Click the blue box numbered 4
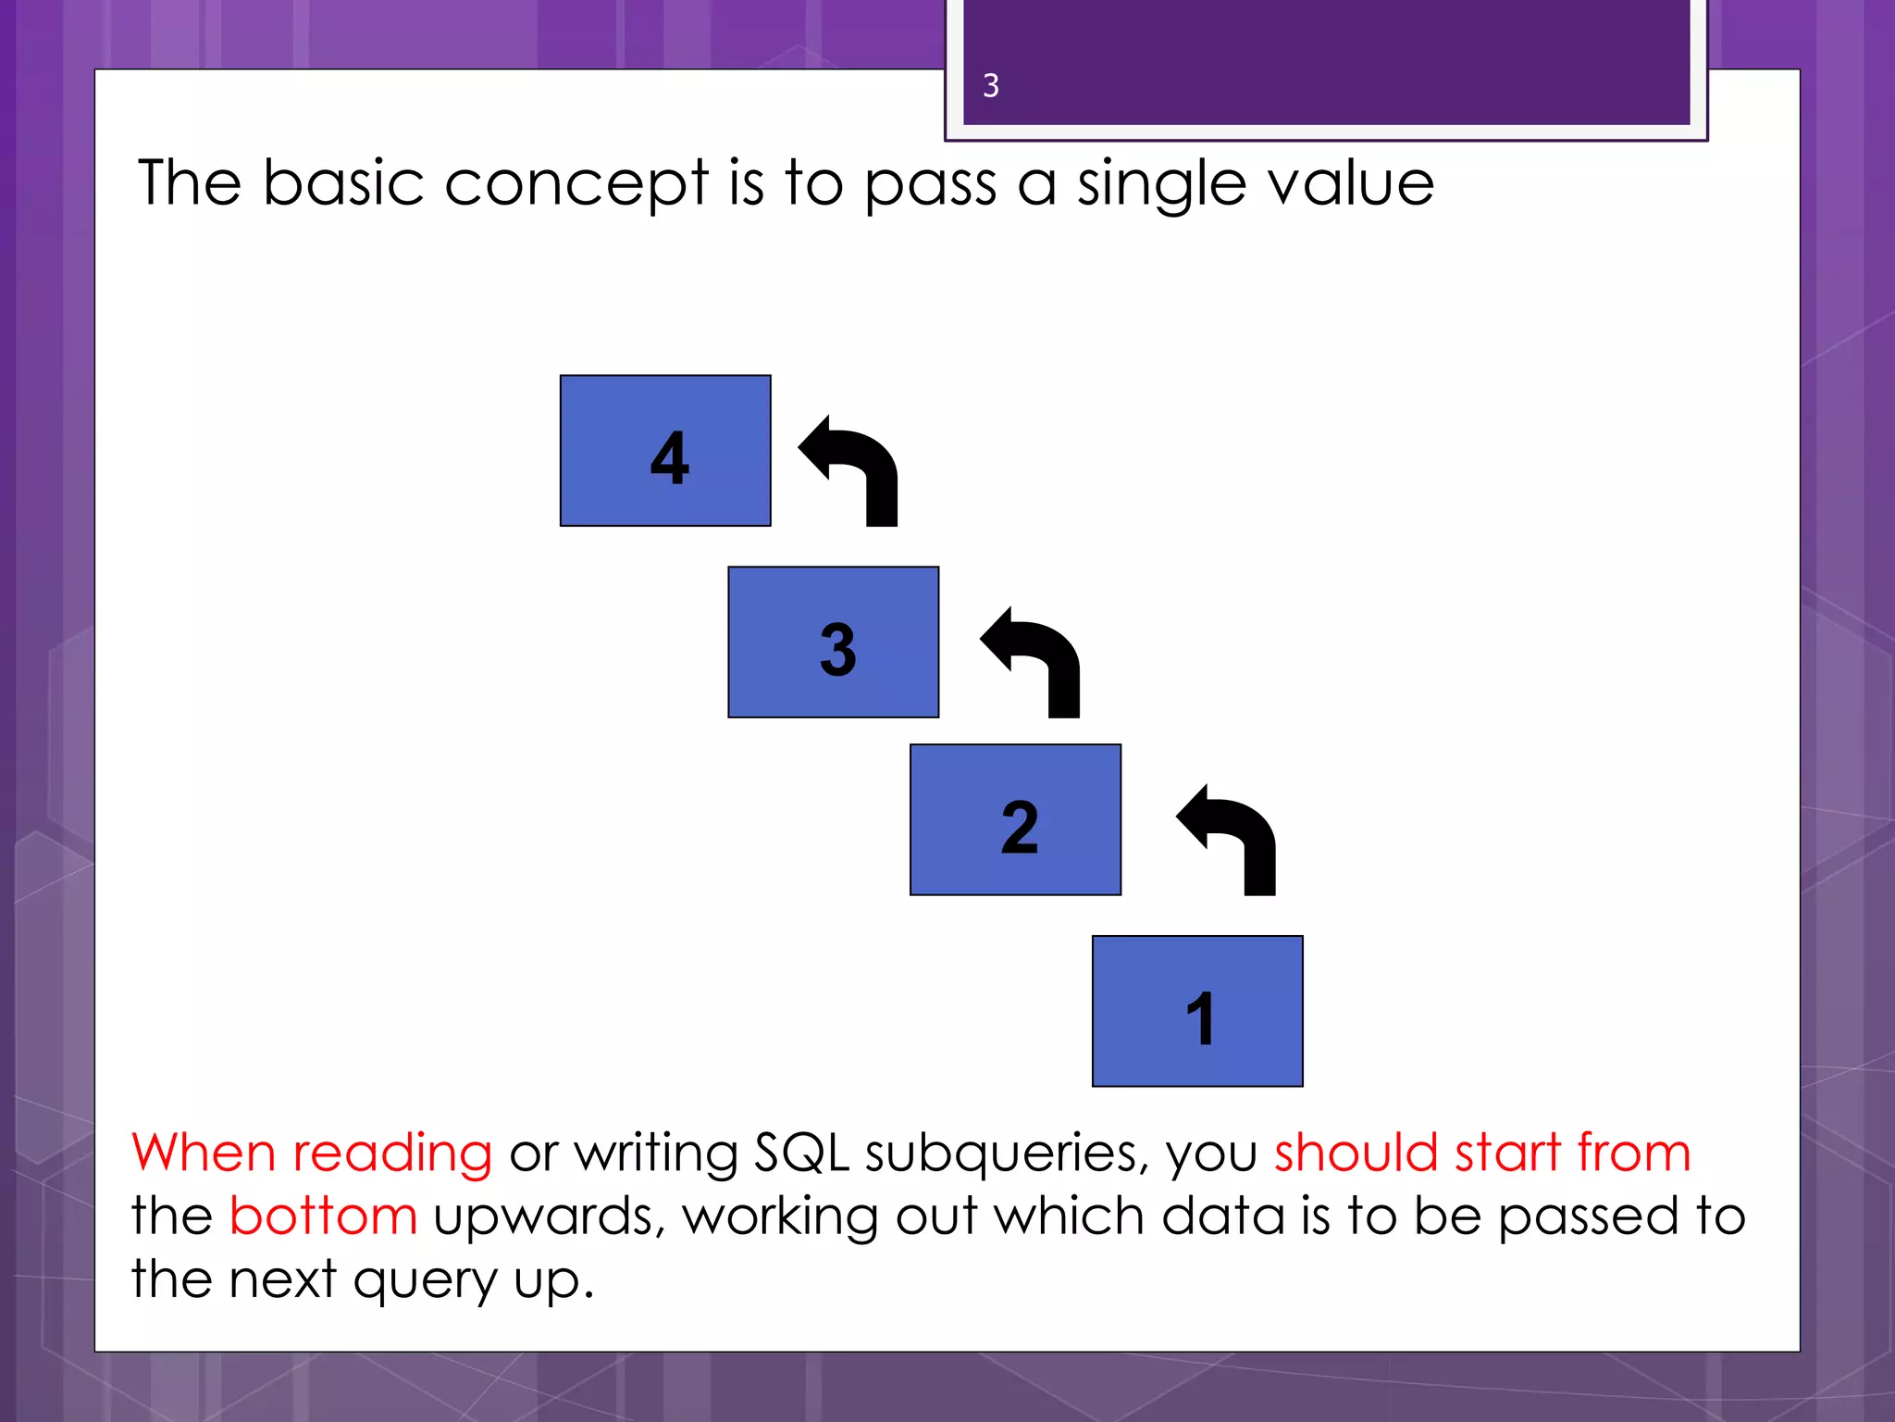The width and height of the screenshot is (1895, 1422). (x=665, y=451)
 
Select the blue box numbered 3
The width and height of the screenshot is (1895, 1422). (x=833, y=642)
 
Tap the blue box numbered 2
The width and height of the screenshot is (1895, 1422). (x=1015, y=820)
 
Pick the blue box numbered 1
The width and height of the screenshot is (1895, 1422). (x=1197, y=1011)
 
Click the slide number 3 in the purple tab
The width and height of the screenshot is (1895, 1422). (x=991, y=86)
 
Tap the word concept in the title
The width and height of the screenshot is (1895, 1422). (x=576, y=183)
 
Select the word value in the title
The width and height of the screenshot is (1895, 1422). (x=1351, y=183)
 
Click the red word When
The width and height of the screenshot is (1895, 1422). (x=204, y=1153)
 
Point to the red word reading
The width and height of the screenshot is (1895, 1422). (x=392, y=1154)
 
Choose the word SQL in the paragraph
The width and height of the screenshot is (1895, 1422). (x=801, y=1154)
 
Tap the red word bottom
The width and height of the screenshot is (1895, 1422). (x=323, y=1216)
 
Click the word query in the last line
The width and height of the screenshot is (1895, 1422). (x=425, y=1281)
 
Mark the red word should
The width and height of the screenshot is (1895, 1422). (x=1356, y=1153)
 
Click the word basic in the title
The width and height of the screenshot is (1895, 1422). (x=343, y=183)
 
